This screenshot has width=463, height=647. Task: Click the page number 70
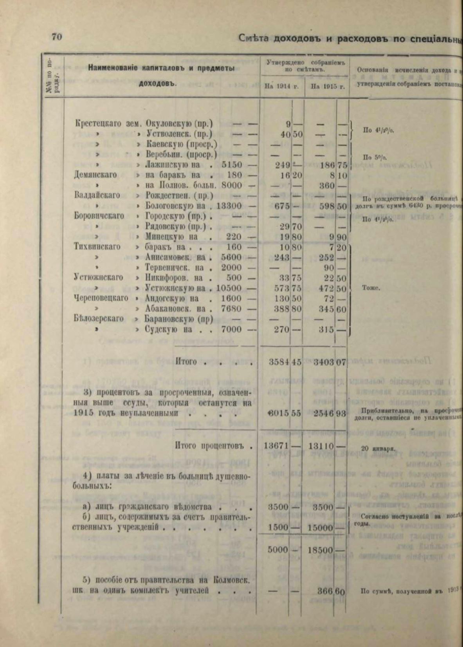[x=56, y=37]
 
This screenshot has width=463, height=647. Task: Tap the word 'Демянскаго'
[x=95, y=175]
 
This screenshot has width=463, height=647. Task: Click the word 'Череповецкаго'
[x=101, y=298]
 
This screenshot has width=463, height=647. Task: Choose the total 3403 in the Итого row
[x=324, y=362]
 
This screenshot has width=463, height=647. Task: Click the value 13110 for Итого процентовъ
[x=322, y=446]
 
